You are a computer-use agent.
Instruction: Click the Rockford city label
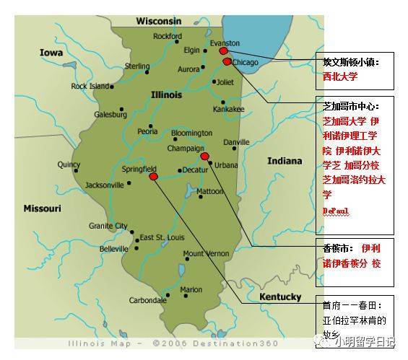point(168,36)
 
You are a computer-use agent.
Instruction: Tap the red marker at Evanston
point(223,51)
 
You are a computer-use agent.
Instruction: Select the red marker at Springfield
point(152,175)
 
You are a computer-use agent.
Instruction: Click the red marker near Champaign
point(204,156)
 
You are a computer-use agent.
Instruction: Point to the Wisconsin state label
point(158,21)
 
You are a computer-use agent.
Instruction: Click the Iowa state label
point(51,53)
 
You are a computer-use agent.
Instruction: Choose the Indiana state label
point(285,160)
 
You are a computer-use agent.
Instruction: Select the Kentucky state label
point(280,297)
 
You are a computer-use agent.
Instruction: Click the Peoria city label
point(148,131)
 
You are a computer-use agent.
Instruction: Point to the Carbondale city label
point(147,300)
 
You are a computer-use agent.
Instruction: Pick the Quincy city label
point(69,164)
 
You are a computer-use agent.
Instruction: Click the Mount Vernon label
point(206,254)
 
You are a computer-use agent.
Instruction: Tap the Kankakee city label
point(228,110)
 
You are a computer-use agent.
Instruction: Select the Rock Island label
point(90,87)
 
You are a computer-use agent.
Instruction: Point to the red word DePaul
point(334,210)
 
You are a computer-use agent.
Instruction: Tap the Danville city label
point(235,142)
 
